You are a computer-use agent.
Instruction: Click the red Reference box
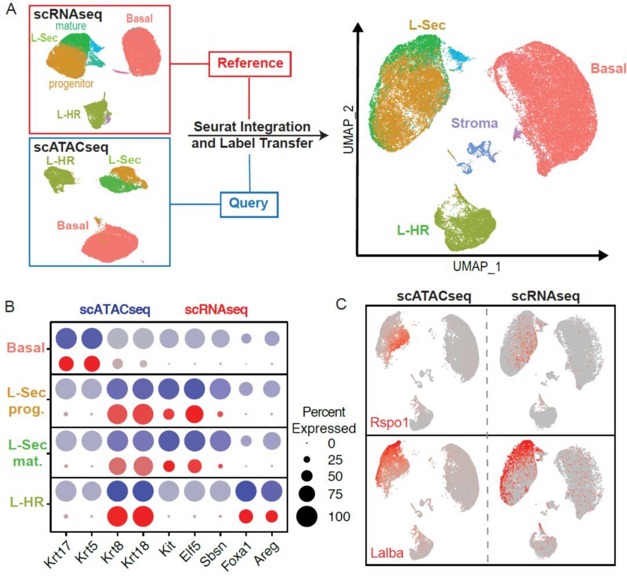coord(248,63)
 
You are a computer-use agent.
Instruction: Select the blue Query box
coord(248,203)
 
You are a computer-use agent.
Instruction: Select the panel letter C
coord(343,305)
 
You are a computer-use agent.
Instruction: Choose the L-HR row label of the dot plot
coord(27,501)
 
